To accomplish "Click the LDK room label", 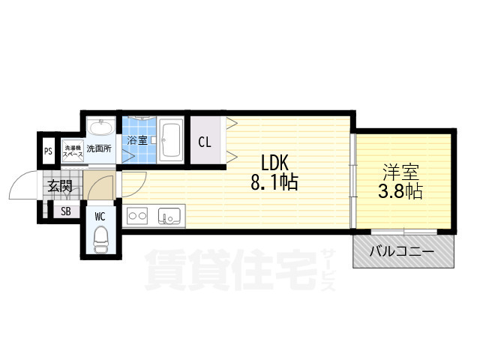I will [274, 163].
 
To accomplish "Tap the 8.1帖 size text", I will [274, 181].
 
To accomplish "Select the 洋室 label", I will [402, 172].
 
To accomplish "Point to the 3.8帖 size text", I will [402, 191].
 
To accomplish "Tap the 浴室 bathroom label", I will [136, 141].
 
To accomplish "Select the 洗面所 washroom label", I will [98, 148].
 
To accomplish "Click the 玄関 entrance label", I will [60, 186].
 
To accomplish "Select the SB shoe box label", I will [66, 211].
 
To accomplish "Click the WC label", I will [100, 217].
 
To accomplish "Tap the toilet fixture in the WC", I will [100, 240].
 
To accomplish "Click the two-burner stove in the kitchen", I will [138, 216].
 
